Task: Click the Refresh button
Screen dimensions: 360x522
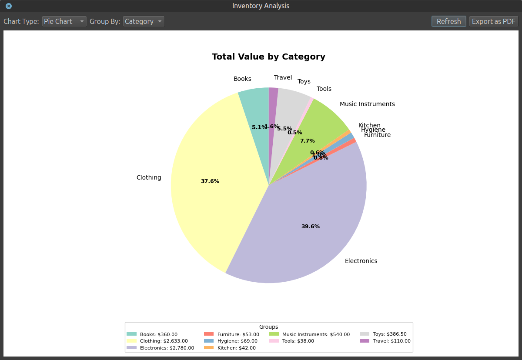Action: coord(448,21)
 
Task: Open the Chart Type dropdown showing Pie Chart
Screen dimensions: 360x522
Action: coord(64,21)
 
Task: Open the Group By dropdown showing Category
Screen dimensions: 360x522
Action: coord(144,21)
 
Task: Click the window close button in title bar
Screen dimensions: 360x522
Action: coord(9,6)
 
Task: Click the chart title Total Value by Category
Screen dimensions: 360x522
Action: coord(268,57)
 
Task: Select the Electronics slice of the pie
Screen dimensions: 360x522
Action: coord(304,217)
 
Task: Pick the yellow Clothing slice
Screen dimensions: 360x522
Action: coord(209,174)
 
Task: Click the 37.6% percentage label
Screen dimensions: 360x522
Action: coord(210,181)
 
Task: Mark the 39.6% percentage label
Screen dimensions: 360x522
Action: coord(311,227)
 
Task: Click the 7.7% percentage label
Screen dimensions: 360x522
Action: coord(307,141)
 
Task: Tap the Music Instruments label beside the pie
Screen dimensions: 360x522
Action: coord(367,104)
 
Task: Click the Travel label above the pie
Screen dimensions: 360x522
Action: coord(283,77)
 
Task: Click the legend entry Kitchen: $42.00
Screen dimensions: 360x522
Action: coord(236,347)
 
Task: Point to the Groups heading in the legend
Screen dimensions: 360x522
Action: coord(268,327)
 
